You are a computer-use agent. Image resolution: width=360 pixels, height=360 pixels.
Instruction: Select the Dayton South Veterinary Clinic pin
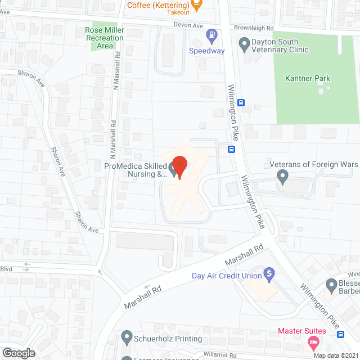(x=244, y=43)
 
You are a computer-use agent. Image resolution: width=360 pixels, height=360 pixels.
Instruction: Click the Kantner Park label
(x=307, y=79)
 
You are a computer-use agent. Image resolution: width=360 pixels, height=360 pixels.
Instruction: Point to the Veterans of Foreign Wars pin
(x=283, y=178)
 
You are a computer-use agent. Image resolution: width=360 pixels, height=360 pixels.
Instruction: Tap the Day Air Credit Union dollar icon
(x=269, y=275)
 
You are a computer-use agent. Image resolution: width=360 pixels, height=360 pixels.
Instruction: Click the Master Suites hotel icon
(x=314, y=343)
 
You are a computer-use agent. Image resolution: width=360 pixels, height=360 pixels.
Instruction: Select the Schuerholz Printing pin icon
(x=126, y=339)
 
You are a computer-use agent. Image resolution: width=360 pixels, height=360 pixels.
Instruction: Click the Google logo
(x=18, y=353)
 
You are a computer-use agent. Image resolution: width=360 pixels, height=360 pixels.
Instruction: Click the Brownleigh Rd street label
(x=253, y=27)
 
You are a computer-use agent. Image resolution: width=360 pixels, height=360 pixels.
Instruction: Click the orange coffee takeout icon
(x=196, y=6)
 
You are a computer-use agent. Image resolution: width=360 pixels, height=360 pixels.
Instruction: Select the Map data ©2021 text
(x=336, y=355)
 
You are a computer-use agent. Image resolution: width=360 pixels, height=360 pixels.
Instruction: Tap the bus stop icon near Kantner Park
(x=241, y=102)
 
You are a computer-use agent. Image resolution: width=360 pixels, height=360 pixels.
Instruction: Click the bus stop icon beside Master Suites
(x=340, y=334)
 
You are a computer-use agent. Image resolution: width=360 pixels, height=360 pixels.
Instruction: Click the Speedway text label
(x=206, y=51)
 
